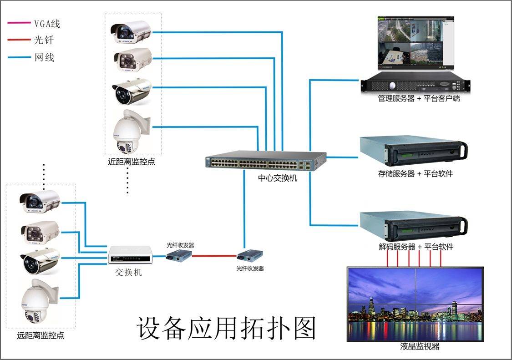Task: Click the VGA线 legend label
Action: [47, 24]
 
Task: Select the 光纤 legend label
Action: [44, 40]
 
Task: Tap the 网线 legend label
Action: [44, 57]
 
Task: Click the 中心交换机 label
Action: [278, 178]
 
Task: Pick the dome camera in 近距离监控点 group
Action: [130, 132]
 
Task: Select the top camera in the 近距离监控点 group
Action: [131, 31]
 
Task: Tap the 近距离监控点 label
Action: [132, 162]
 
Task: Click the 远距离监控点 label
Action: [41, 336]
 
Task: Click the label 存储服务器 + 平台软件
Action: [416, 173]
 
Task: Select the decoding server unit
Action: [413, 226]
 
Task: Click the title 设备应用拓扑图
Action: [226, 328]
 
